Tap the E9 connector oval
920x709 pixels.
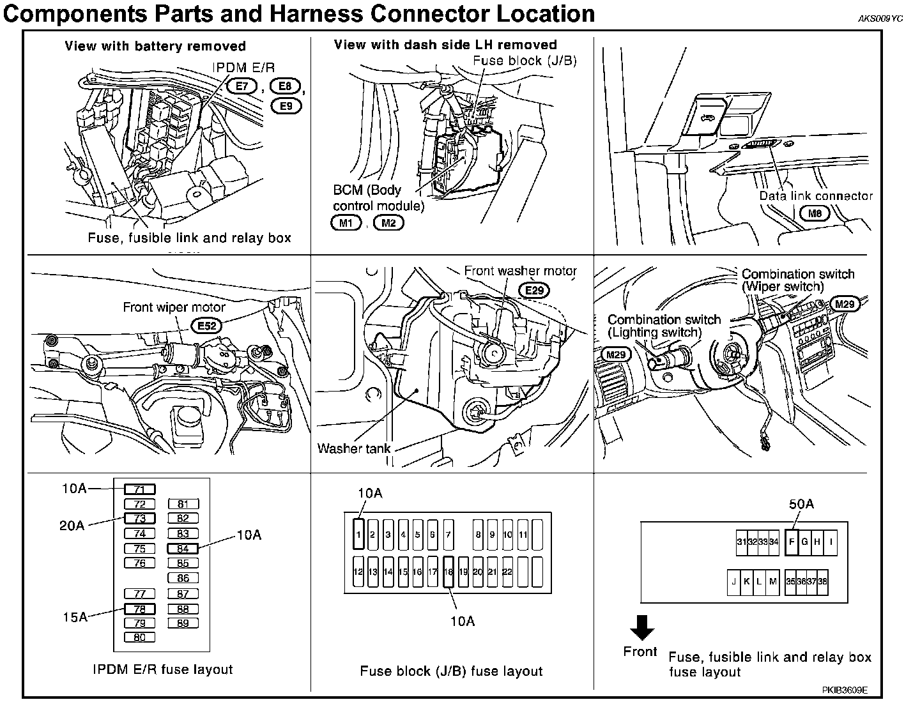(287, 105)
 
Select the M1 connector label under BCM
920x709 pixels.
(346, 223)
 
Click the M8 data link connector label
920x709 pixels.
(815, 214)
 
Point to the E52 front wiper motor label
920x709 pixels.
(206, 326)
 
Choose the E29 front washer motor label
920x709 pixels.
(534, 291)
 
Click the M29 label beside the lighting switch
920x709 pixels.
(616, 355)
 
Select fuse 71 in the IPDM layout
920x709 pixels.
(140, 490)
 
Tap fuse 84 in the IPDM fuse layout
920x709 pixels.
(183, 548)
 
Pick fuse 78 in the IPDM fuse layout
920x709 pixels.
(140, 609)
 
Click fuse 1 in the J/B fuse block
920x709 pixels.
(359, 535)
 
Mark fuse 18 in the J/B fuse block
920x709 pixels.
(448, 572)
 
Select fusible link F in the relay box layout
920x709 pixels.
(792, 542)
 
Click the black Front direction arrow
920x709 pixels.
(641, 627)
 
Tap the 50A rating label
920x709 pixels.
(801, 504)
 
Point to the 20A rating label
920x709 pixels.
(72, 525)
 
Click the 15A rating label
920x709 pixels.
(75, 617)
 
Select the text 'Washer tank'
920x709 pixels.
(353, 448)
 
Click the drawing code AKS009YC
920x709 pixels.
(880, 19)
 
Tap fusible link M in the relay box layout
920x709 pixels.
(773, 582)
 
